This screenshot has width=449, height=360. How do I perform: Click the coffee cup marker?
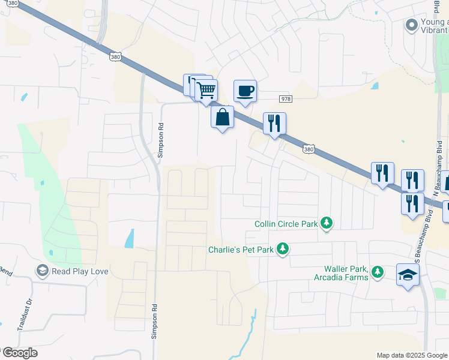[244, 91]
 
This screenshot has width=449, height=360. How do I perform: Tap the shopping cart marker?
[206, 91]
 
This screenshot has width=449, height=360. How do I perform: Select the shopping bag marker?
[222, 117]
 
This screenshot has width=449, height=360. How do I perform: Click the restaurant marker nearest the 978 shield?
[274, 124]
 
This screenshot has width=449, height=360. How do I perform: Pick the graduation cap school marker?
[408, 275]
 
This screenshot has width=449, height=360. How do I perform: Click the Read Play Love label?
[80, 271]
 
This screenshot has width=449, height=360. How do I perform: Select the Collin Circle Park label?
[286, 224]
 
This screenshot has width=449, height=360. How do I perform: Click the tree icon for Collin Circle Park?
[326, 224]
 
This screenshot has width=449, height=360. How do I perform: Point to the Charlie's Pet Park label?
[241, 249]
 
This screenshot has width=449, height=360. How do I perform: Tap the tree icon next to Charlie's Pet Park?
[282, 249]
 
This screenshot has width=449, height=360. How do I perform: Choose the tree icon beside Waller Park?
[377, 273]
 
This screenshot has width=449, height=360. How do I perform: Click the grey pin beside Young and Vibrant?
[411, 25]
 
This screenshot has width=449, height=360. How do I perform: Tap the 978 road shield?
[285, 99]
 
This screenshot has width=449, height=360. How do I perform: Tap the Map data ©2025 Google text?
[412, 355]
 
